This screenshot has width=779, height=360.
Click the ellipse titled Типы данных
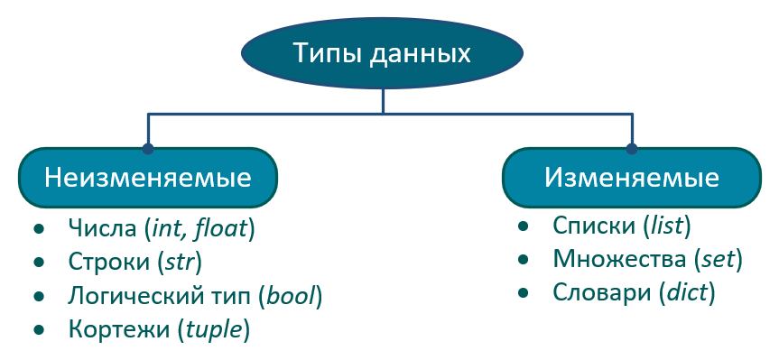(x=382, y=53)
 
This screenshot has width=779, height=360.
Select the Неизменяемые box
(x=148, y=178)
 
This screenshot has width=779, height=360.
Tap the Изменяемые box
(x=632, y=178)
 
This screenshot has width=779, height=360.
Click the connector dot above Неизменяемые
(x=147, y=148)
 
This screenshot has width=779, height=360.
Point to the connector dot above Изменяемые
(x=632, y=148)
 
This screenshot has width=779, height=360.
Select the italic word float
(x=220, y=229)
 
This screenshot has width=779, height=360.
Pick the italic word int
(x=170, y=229)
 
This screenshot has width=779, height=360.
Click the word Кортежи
(x=119, y=329)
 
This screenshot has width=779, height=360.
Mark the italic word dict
(x=687, y=292)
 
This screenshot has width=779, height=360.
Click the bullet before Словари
(x=523, y=293)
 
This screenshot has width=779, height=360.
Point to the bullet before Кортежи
(x=38, y=329)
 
